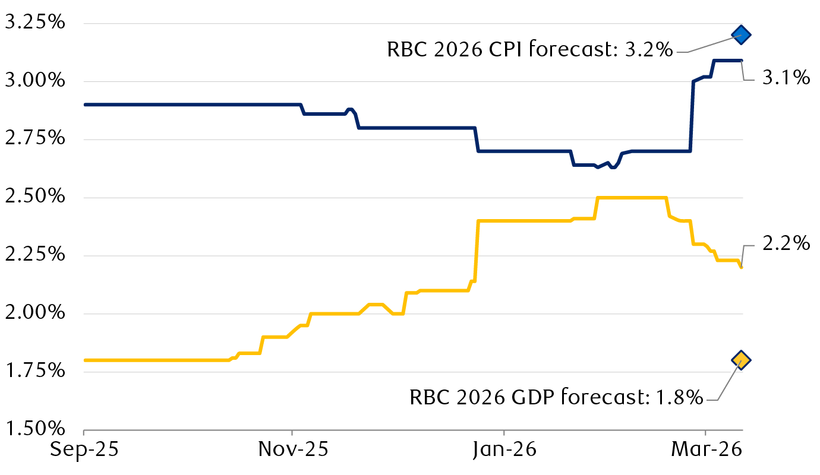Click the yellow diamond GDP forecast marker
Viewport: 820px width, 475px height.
[x=741, y=359]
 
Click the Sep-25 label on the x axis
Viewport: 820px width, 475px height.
[x=84, y=449]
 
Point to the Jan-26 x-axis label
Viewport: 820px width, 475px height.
[x=503, y=449]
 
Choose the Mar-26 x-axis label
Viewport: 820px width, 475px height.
[x=705, y=449]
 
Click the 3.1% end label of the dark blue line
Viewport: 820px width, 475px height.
[x=786, y=77]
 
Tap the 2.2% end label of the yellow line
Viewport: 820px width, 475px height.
[x=786, y=243]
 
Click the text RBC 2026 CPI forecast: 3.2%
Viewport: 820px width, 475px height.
[x=529, y=50]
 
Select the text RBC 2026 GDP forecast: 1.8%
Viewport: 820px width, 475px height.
[x=556, y=397]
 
